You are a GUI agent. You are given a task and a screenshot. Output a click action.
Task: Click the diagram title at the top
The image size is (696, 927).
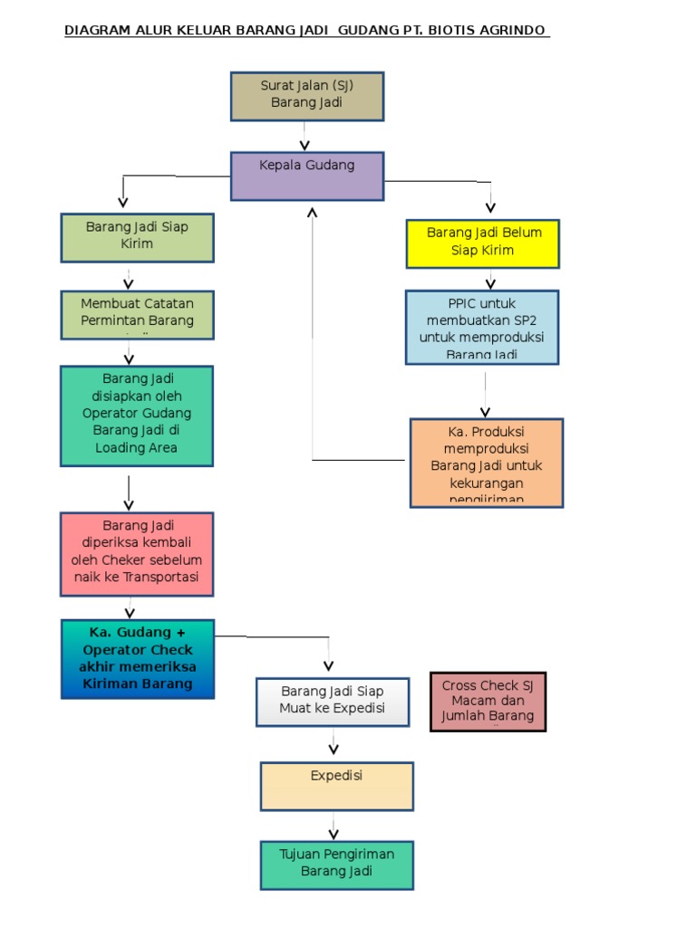click(306, 31)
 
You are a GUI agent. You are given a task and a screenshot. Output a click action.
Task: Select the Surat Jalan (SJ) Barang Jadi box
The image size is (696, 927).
click(307, 96)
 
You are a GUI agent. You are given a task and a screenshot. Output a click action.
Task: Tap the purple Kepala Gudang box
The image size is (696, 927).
click(307, 176)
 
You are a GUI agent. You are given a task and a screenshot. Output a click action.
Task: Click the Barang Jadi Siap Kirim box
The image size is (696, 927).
click(137, 237)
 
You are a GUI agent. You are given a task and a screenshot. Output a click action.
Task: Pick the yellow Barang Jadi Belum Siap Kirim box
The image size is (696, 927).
click(482, 244)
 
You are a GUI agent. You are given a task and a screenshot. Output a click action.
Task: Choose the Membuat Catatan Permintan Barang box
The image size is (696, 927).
click(137, 314)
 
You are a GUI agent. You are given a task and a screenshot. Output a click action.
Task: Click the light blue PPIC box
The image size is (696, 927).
click(482, 327)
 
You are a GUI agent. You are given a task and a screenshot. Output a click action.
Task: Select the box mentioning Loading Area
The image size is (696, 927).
click(137, 416)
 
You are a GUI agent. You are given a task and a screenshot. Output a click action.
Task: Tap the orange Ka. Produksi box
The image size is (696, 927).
click(486, 462)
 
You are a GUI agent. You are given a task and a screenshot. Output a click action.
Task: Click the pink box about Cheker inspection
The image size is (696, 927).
click(137, 554)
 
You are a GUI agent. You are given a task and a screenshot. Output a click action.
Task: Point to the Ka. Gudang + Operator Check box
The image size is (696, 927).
click(138, 659)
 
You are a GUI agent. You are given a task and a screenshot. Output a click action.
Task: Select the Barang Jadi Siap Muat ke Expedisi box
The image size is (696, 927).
click(332, 701)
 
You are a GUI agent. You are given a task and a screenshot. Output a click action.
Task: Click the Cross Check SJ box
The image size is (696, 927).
click(488, 701)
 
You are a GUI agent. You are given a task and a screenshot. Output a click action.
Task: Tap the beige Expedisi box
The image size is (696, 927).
click(336, 786)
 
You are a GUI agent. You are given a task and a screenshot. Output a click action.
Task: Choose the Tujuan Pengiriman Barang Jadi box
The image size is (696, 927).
click(336, 865)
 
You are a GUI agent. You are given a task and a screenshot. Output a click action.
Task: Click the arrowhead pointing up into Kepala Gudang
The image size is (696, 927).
click(313, 214)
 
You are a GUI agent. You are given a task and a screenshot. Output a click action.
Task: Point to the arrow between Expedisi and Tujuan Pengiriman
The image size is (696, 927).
click(333, 826)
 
